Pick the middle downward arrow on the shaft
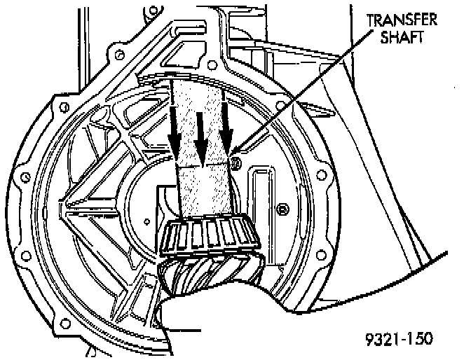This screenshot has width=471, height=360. (x=200, y=137)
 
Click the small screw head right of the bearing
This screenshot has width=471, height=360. (x=282, y=208)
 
